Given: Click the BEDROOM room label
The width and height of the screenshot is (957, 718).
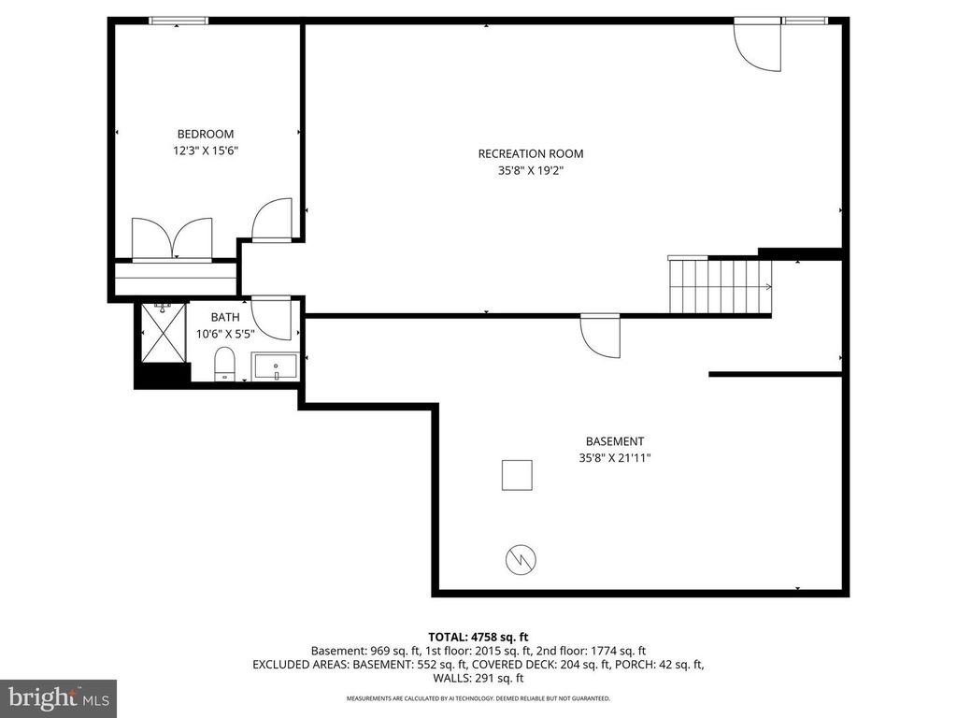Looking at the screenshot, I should [206, 134].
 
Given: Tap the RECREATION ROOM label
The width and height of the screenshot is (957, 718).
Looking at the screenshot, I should [530, 154].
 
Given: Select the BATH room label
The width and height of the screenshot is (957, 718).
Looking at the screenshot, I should [225, 318].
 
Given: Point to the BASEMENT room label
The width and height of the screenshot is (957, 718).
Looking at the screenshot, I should [614, 441].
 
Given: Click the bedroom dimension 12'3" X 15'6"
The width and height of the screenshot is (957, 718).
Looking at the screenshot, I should [206, 151].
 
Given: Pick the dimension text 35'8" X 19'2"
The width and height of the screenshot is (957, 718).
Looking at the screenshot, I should [530, 171].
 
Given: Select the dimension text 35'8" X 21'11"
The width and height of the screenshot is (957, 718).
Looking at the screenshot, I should [614, 458].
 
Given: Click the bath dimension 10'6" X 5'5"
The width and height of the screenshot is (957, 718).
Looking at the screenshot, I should [225, 334].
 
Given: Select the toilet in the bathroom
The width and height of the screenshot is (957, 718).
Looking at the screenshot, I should [225, 365].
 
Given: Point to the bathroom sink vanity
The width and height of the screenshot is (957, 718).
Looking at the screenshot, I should [275, 367].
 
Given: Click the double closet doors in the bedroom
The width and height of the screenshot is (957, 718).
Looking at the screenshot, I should [172, 237].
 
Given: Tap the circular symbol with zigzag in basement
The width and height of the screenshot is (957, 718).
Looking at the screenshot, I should [520, 559].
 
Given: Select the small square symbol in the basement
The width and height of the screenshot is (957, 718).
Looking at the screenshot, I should [517, 475].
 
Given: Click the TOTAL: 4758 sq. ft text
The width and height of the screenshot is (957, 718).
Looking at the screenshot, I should [478, 637].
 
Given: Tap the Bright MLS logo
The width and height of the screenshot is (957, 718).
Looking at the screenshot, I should [58, 697].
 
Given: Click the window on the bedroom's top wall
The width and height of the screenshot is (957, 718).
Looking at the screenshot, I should [178, 21].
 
